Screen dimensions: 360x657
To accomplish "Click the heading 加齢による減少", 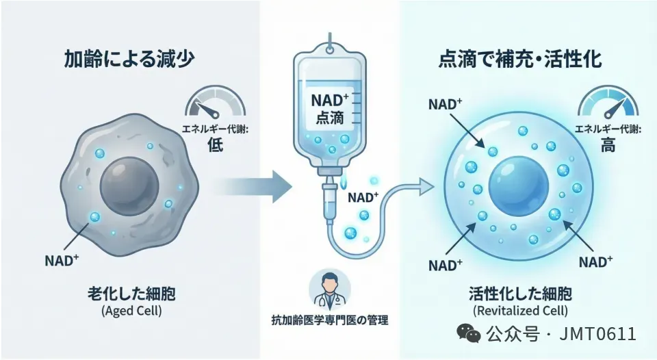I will tap(131, 60).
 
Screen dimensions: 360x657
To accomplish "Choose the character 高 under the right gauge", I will tap(607, 145).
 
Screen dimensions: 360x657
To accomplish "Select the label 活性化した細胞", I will tap(522, 294).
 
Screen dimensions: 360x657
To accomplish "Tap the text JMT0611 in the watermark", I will tap(598, 334).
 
